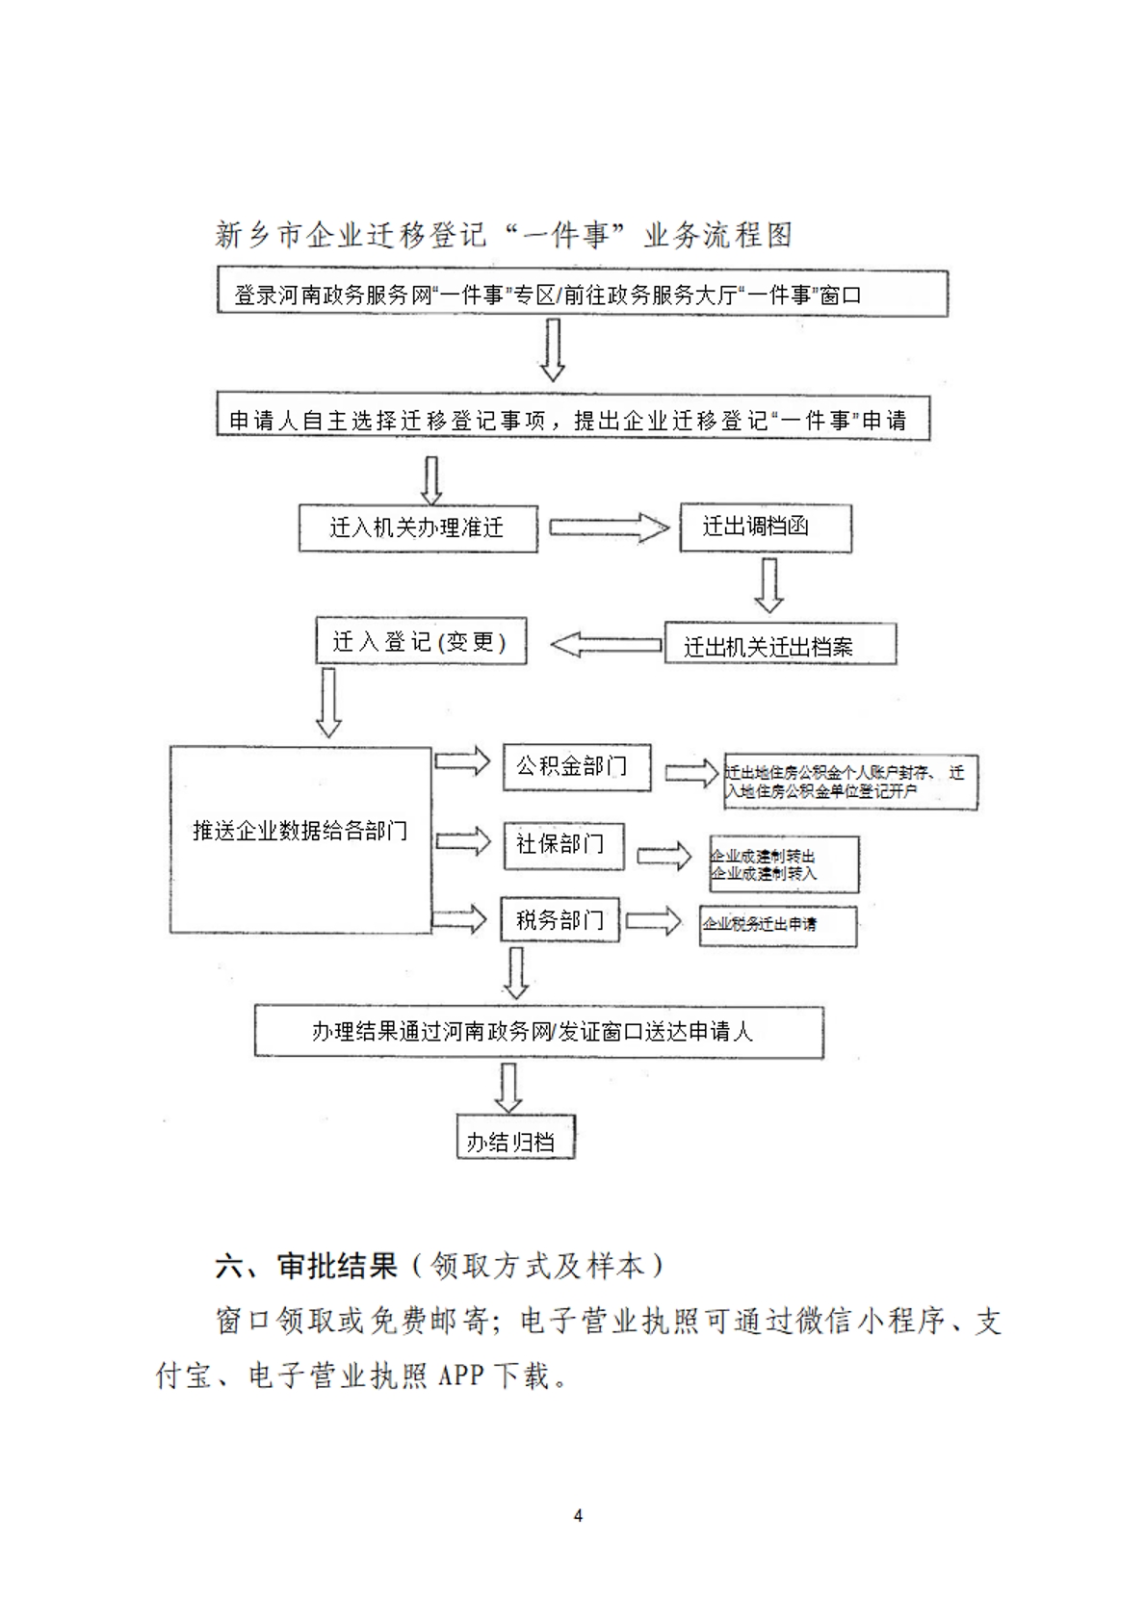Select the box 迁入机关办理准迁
click(x=417, y=527)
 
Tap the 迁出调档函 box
click(x=765, y=527)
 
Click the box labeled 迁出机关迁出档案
click(x=779, y=645)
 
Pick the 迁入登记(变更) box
click(x=421, y=641)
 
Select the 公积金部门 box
click(x=576, y=767)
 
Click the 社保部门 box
click(x=562, y=844)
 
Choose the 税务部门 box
click(x=559, y=920)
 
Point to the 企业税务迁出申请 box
click(x=777, y=925)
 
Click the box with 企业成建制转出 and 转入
click(x=783, y=864)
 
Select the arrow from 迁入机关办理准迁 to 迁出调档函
click(x=609, y=527)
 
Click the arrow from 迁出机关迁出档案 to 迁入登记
click(x=606, y=644)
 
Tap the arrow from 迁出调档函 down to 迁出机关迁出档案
click(x=768, y=584)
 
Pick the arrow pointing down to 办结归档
click(x=507, y=1087)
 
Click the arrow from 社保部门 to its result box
click(x=664, y=855)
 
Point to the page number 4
click(x=578, y=1515)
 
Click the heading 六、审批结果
click(x=306, y=1265)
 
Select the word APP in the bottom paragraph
click(x=458, y=1376)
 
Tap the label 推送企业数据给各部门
click(x=299, y=831)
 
